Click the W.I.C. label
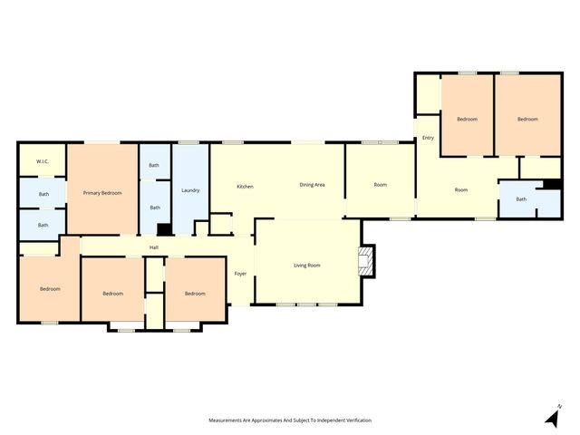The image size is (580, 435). tap(43, 161)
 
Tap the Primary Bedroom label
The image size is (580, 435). tap(102, 193)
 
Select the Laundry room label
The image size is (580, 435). tap(190, 189)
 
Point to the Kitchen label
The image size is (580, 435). tap(245, 187)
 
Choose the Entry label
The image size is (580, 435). tap(428, 138)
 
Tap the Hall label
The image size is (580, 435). tap(154, 246)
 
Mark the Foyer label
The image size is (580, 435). tap(240, 273)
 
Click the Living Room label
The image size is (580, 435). tap(307, 266)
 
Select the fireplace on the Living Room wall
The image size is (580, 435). tap(365, 261)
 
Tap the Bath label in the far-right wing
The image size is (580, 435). tap(521, 199)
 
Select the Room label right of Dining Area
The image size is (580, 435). tap(381, 185)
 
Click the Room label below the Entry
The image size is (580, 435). tap(461, 189)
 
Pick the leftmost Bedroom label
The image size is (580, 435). tap(50, 289)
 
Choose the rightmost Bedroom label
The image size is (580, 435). tap(527, 120)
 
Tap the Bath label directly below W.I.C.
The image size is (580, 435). tap(43, 194)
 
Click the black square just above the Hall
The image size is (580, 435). tap(163, 230)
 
